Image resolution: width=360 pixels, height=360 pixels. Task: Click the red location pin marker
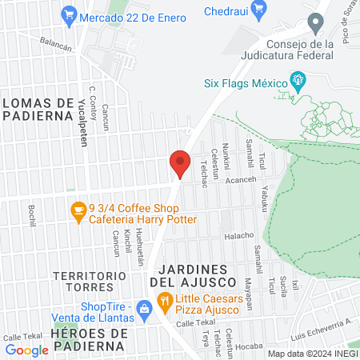click(x=180, y=164)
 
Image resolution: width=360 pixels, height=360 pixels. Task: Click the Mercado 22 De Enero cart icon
click(x=69, y=14)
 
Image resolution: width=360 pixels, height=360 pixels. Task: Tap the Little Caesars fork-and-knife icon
click(x=165, y=302)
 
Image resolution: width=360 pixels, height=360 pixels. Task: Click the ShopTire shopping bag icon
click(x=144, y=308)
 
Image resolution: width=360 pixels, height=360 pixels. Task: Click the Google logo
click(x=26, y=350)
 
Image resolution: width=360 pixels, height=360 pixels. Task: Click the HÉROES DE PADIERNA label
click(x=88, y=338)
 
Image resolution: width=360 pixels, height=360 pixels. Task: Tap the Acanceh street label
click(x=239, y=179)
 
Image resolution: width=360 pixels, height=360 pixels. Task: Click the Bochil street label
click(x=33, y=214)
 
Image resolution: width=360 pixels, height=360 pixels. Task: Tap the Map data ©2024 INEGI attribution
click(x=312, y=354)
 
